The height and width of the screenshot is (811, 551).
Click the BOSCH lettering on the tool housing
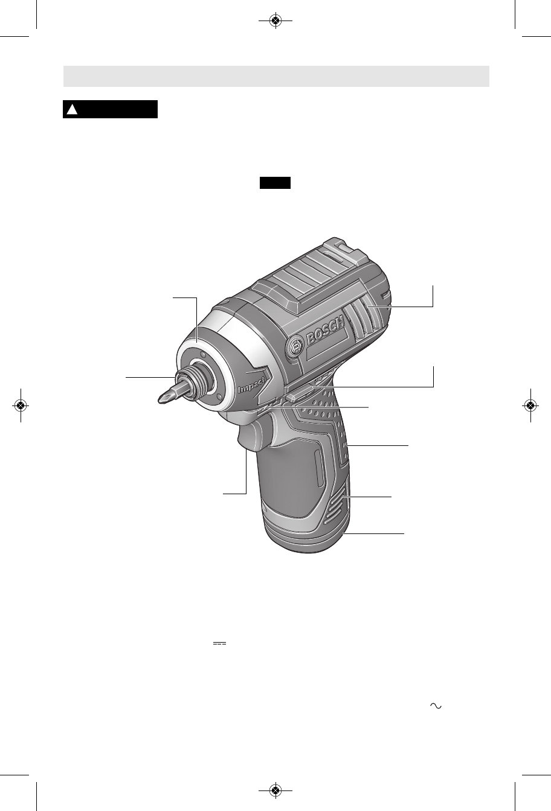325,331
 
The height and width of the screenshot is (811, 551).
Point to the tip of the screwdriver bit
159,401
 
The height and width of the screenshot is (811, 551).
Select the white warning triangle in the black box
72,109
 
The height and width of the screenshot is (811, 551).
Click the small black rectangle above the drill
275,183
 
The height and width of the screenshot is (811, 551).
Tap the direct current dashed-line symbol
219,643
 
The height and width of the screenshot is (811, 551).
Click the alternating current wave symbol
436,705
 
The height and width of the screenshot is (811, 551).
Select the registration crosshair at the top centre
275,21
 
